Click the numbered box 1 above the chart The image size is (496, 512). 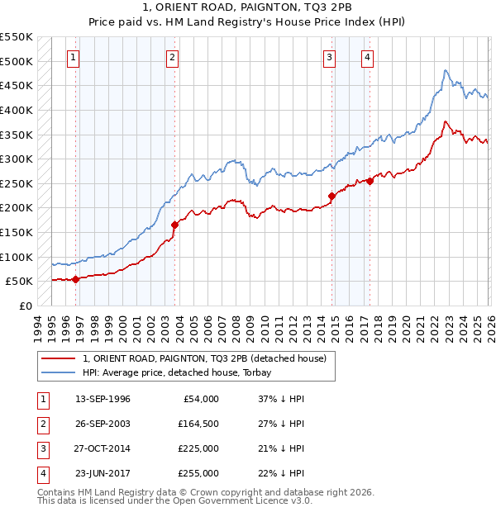point(74,57)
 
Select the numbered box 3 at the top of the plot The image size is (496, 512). point(329,57)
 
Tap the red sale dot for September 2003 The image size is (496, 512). point(174,225)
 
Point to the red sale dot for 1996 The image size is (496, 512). point(75,279)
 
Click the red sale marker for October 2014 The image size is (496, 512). point(331,196)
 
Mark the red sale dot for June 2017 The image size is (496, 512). point(369,182)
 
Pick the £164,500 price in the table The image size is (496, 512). point(198,424)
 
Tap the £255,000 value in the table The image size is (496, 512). point(198,473)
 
